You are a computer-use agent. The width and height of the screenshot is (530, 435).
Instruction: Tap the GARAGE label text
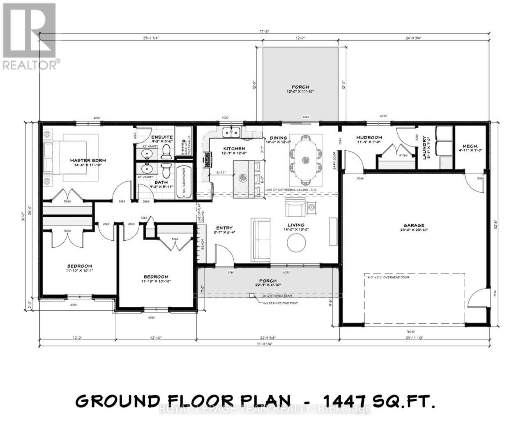(414, 226)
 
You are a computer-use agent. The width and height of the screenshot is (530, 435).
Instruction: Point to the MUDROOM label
(369, 138)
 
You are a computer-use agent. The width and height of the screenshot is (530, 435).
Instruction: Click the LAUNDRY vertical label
(425, 147)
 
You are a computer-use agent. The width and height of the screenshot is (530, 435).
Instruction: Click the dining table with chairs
(304, 160)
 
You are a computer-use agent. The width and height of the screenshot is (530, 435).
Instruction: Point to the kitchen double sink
(232, 132)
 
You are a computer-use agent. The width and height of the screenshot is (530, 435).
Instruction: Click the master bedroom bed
(66, 158)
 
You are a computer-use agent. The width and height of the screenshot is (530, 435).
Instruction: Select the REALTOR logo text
(30, 65)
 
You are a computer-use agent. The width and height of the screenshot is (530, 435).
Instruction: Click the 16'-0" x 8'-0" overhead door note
(387, 277)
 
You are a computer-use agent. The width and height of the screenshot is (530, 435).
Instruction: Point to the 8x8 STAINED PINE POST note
(281, 303)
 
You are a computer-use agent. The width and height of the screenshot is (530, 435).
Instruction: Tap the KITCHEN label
(234, 149)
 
